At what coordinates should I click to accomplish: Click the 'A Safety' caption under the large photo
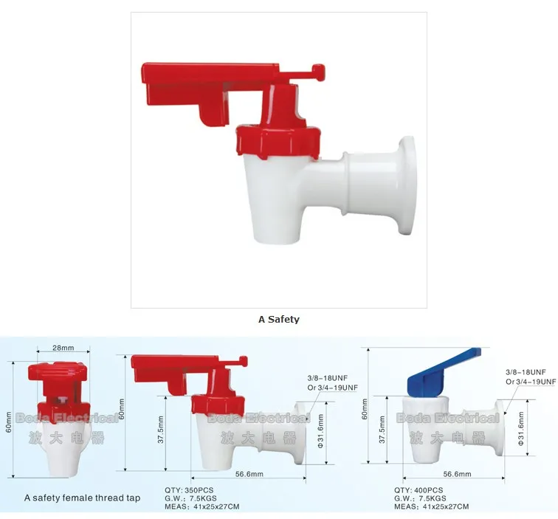(278, 320)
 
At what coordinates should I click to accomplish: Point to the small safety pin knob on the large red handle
(319, 72)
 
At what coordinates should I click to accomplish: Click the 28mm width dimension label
(63, 348)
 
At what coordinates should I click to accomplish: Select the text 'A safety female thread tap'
(82, 498)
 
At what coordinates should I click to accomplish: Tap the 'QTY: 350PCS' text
(190, 490)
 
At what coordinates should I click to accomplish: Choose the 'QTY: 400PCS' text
(418, 490)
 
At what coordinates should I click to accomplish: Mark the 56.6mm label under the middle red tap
(250, 475)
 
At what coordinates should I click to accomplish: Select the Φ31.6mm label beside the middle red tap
(320, 432)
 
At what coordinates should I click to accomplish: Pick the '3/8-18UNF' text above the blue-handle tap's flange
(526, 371)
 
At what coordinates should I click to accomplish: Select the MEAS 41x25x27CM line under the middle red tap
(201, 506)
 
